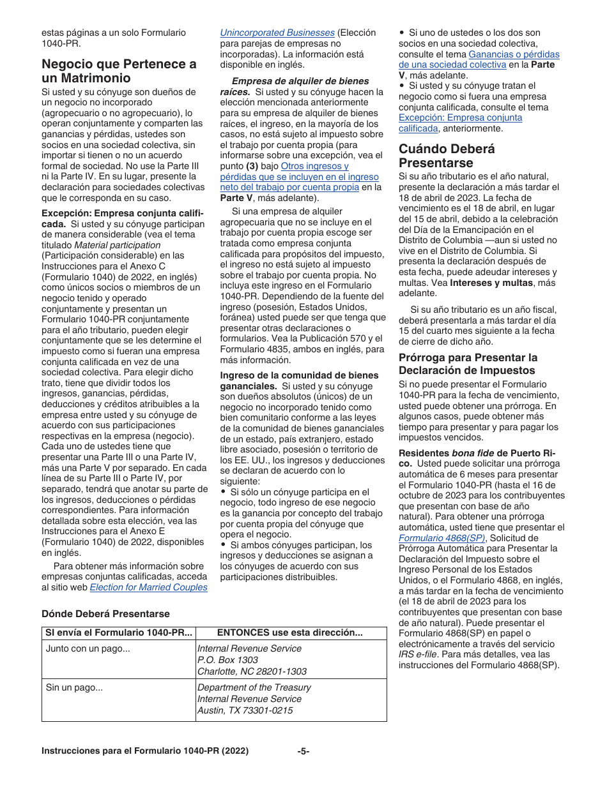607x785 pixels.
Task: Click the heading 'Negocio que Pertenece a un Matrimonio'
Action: pos(119,71)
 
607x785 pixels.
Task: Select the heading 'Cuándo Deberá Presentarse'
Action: pos(447,156)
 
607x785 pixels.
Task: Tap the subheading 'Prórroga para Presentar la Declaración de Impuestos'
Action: pos(468,364)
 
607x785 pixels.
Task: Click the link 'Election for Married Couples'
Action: pos(148,587)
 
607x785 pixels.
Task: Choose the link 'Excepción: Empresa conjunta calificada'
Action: pos(460,123)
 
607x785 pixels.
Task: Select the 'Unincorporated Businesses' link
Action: pos(277,33)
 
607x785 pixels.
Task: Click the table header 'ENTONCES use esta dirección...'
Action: pos(290,632)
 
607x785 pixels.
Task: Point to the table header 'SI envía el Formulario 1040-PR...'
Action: pos(119,632)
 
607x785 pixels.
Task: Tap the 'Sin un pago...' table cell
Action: pos(74,687)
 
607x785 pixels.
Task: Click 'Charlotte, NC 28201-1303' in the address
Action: pos(252,671)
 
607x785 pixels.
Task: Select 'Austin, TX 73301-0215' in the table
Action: pos(245,710)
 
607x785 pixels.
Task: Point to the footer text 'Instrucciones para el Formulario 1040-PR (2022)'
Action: pos(145,751)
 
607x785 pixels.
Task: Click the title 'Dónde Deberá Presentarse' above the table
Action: pos(105,613)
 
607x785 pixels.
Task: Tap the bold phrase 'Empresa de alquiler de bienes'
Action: pos(300,81)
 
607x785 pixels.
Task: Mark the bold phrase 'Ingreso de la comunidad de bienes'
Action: pos(300,375)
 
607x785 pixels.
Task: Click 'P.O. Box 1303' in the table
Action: pos(228,660)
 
